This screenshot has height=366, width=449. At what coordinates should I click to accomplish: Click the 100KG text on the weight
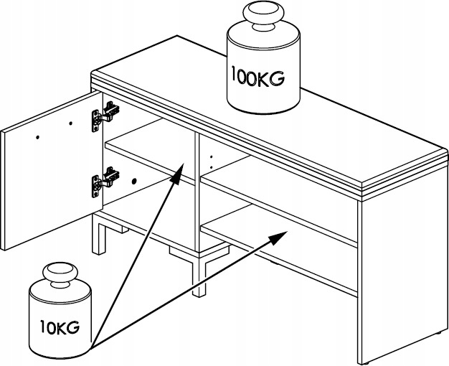pyautogui.click(x=257, y=75)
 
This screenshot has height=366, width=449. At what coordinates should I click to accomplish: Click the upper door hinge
pyautogui.click(x=104, y=114)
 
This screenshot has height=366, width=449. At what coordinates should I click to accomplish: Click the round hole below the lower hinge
pyautogui.click(x=133, y=181)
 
